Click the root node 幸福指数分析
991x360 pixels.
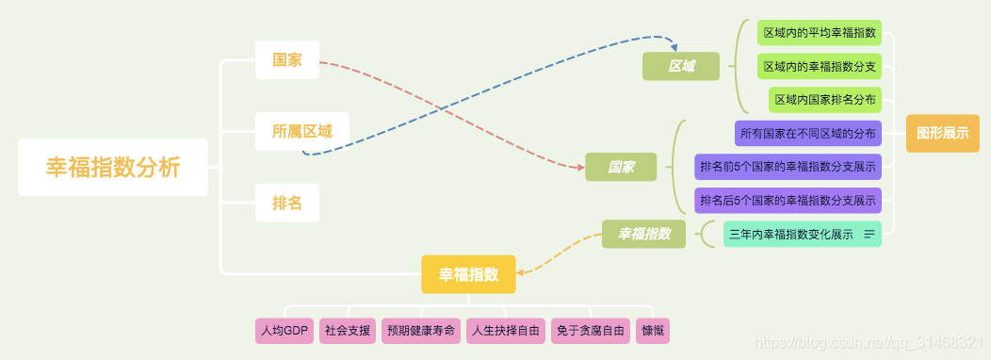(x=113, y=168)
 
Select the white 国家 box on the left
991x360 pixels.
(x=287, y=59)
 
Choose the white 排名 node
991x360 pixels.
(x=287, y=203)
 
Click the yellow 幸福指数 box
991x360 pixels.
(x=468, y=274)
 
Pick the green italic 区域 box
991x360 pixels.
(x=681, y=66)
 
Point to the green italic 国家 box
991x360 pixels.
(x=621, y=167)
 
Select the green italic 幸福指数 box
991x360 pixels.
(x=644, y=234)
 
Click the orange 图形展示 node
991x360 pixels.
(x=942, y=133)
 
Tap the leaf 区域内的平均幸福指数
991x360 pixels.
(x=820, y=33)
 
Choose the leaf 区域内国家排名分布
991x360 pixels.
(x=824, y=99)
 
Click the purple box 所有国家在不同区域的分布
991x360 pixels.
(x=807, y=134)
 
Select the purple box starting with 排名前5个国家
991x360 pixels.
(x=788, y=167)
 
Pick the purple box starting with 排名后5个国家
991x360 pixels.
(x=788, y=200)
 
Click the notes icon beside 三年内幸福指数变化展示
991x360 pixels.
(x=869, y=234)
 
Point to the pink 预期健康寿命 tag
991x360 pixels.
(x=421, y=331)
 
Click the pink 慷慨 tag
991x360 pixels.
(x=653, y=331)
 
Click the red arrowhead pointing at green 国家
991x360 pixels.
(x=579, y=167)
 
